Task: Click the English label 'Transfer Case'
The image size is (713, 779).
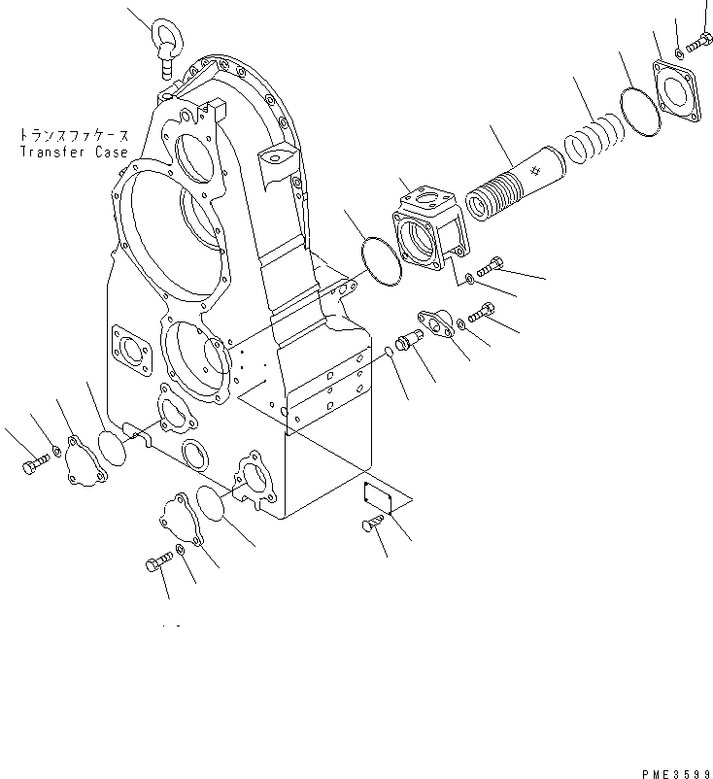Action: pos(74,152)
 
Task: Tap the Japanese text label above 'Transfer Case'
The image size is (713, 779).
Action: pos(74,137)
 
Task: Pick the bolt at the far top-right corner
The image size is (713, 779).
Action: pos(699,43)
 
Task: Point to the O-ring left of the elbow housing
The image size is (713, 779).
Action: pos(380,262)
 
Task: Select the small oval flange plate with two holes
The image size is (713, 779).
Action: pos(435,323)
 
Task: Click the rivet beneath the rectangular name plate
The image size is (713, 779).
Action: pos(372,525)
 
